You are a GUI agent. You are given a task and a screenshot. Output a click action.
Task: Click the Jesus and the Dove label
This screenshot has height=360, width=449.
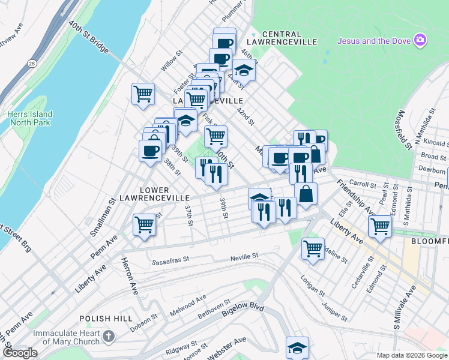tap(373, 41)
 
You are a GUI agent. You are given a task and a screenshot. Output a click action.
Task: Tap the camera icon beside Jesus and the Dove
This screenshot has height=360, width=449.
tap(421, 40)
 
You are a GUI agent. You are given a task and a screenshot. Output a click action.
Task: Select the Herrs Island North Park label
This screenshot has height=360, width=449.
tap(30, 118)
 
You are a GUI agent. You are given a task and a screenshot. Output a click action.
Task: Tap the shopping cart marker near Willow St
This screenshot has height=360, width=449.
tap(143, 94)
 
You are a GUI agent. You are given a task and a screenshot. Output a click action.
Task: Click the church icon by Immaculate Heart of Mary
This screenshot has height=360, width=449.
tap(108, 337)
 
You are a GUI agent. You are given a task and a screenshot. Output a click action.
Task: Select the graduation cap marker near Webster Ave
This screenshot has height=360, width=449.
tap(297, 347)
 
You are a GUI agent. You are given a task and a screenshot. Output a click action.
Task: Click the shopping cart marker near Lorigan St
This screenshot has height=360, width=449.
tap(313, 247)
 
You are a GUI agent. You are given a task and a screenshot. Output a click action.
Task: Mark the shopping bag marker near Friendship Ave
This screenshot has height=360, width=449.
tap(306, 194)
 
